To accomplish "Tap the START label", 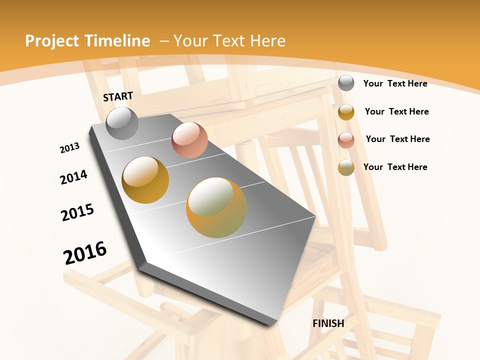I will (x=118, y=96).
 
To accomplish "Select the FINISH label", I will (x=328, y=323).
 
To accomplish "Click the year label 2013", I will (x=70, y=148).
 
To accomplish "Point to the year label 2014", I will (x=74, y=177).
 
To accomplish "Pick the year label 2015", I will (x=77, y=212).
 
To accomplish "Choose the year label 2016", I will (x=85, y=252).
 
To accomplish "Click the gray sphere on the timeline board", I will (x=122, y=123).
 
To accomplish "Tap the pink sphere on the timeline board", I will (x=189, y=140).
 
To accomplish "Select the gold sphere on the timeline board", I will (x=145, y=180).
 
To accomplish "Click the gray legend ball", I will (x=346, y=83).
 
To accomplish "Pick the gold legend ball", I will (x=346, y=112).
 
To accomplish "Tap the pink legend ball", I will (x=346, y=139).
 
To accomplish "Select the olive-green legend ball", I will (x=346, y=167).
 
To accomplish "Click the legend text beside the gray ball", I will (x=395, y=83).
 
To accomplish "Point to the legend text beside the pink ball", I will (x=398, y=139).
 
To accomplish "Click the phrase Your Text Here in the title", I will (x=229, y=41).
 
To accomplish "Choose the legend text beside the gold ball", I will (x=397, y=111).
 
